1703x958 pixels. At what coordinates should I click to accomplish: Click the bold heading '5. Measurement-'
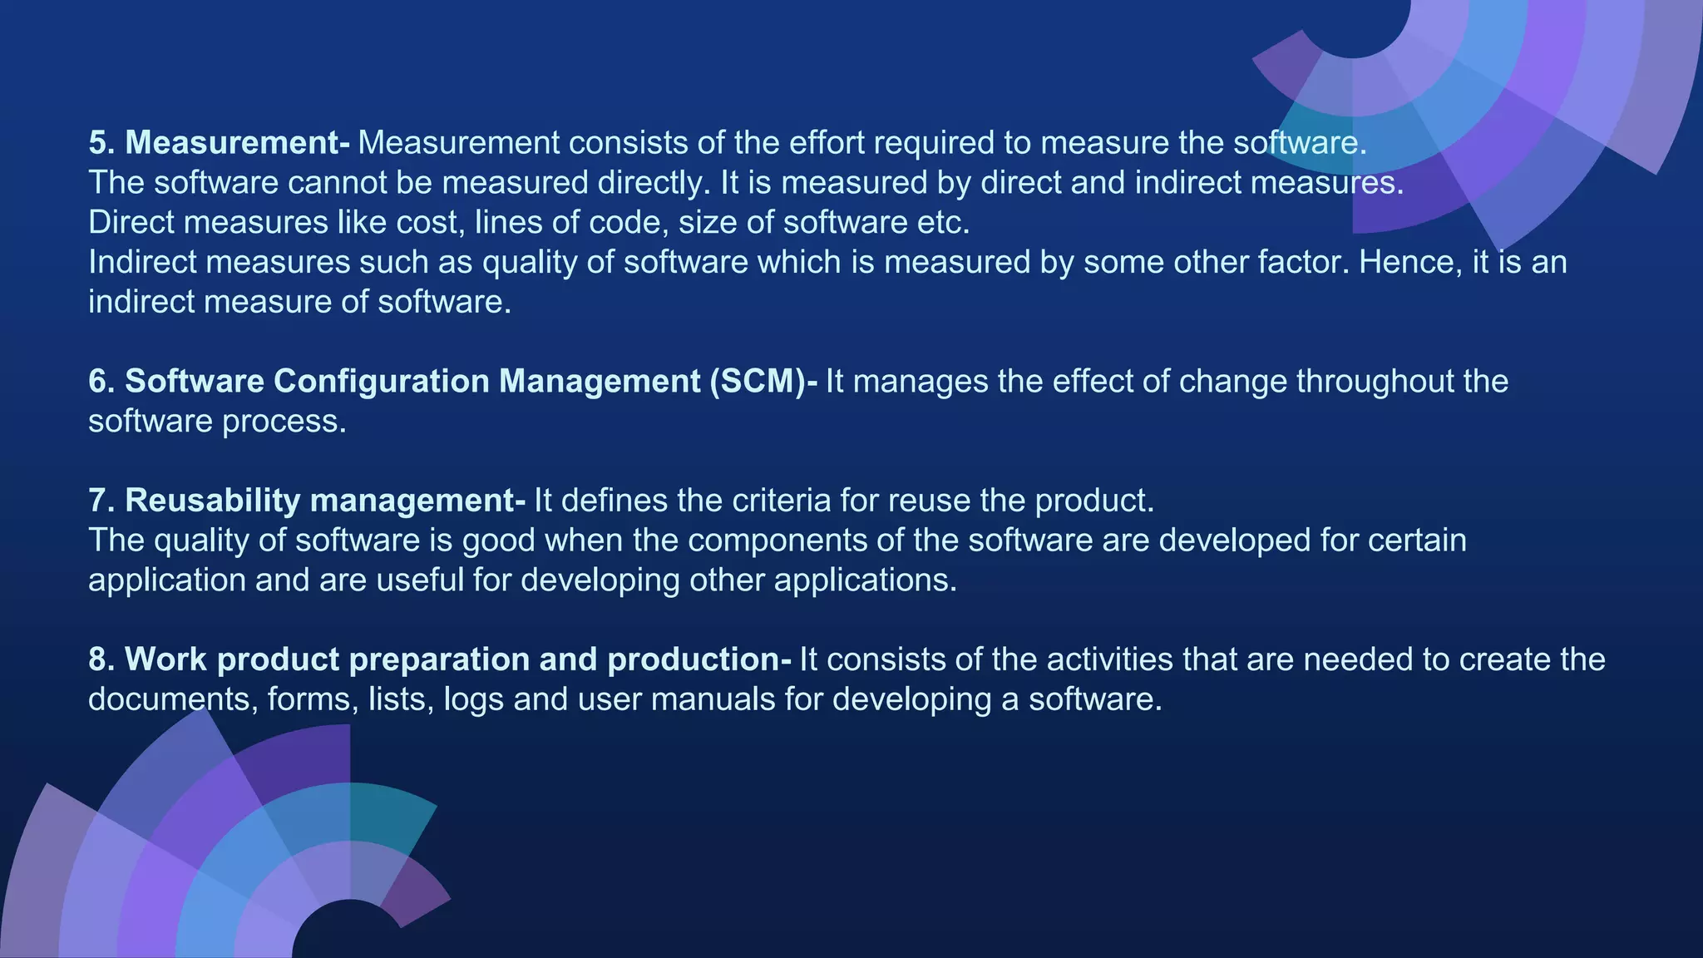pyautogui.click(x=219, y=143)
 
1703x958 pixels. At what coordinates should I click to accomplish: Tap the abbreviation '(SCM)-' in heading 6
pyautogui.click(x=763, y=382)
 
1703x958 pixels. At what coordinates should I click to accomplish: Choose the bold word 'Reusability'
pyautogui.click(x=212, y=501)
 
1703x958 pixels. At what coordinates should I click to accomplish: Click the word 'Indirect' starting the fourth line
pyautogui.click(x=142, y=263)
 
